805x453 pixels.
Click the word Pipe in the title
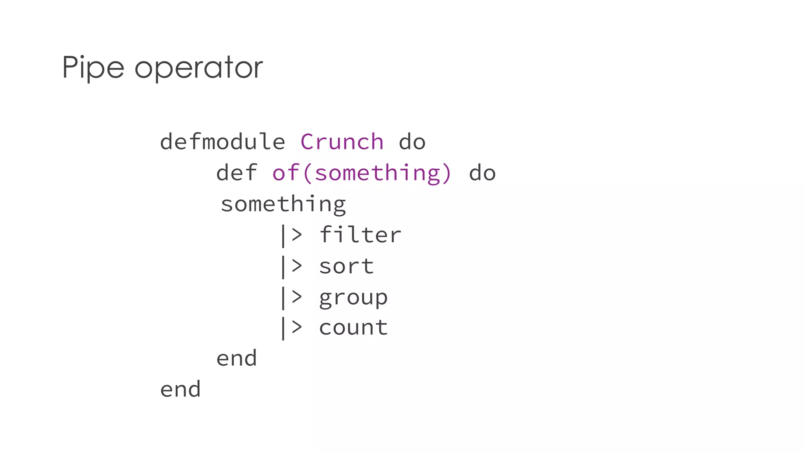click(93, 68)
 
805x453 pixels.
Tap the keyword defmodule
click(222, 142)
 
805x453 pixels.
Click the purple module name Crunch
click(342, 142)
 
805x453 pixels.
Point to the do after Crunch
click(412, 142)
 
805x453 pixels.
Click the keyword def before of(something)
click(237, 173)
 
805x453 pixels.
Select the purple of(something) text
click(362, 173)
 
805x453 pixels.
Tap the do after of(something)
click(482, 173)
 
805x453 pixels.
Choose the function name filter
click(360, 235)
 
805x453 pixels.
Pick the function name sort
click(346, 266)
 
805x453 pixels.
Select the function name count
click(353, 328)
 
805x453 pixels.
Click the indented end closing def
click(237, 359)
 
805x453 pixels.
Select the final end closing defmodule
click(180, 389)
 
